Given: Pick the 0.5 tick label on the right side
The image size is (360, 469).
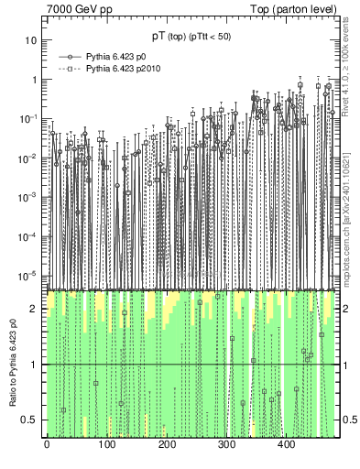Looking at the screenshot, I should tap(350, 420).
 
